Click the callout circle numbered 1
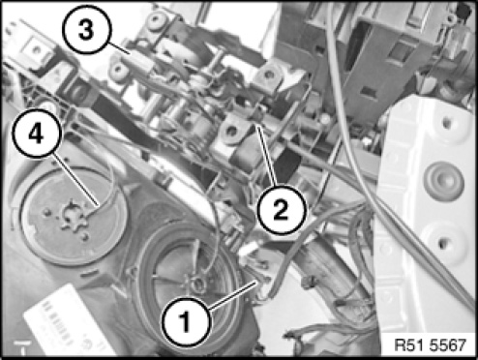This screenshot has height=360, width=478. coord(186,322)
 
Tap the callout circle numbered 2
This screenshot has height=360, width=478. coord(281,209)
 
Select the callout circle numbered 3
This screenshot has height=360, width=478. coord(86,30)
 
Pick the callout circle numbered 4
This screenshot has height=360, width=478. coord(36,134)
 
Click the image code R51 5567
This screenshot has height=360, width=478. coord(431,345)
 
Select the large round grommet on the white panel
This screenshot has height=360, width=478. coord(444,181)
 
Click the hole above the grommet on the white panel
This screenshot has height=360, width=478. coord(446,122)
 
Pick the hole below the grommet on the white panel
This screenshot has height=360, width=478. coord(443,243)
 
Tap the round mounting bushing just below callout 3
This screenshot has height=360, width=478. coord(118,69)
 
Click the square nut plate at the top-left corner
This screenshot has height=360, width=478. coord(37,49)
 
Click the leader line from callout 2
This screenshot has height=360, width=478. coord(266,157)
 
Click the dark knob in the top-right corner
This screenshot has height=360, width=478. coord(464,13)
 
